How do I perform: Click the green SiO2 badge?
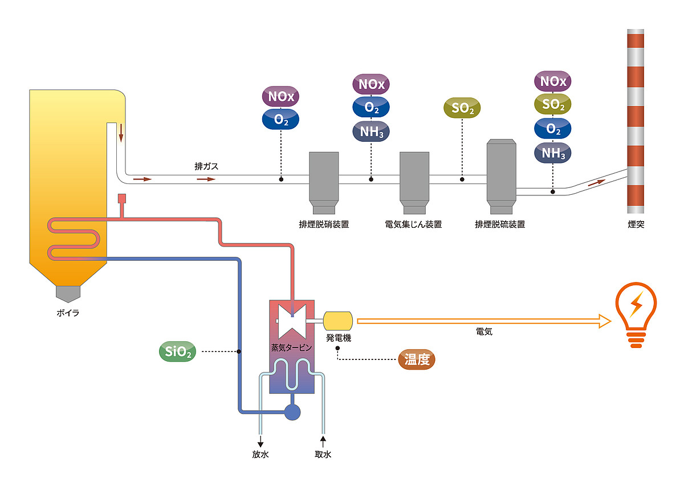pos(177,352)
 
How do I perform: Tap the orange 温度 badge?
pos(416,359)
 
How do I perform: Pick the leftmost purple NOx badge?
pos(280,96)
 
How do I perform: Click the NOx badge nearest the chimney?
pos(553,81)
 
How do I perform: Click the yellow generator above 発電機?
pos(338,321)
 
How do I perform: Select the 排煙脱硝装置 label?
pos(324,224)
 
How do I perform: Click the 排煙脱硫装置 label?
pos(500,224)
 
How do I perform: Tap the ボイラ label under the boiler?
pos(68,313)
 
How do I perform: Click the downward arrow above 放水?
pos(261,442)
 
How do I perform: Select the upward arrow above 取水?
pos(323,440)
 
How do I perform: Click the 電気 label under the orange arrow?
pos(483,332)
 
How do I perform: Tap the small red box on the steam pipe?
pos(121,199)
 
